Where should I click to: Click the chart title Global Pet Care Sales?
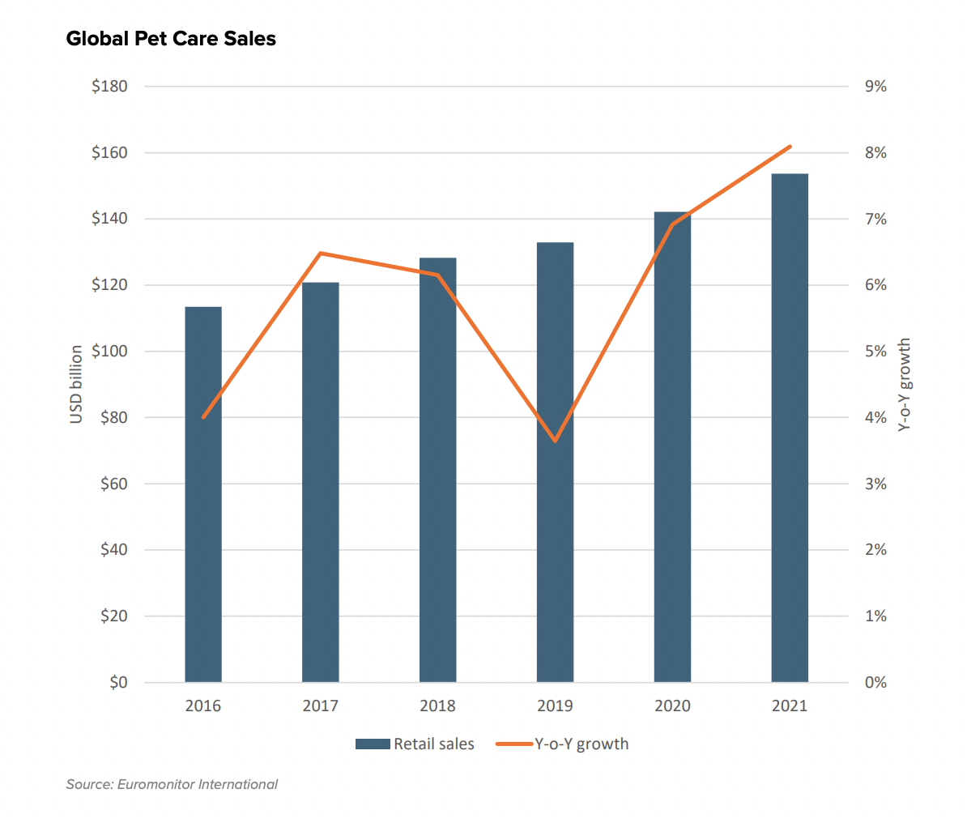pyautogui.click(x=171, y=39)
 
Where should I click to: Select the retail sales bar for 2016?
pyautogui.click(x=203, y=494)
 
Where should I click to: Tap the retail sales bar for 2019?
pyautogui.click(x=555, y=462)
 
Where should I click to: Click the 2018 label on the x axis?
pyautogui.click(x=437, y=706)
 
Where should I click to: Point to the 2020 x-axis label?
pyautogui.click(x=672, y=706)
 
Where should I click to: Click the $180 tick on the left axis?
pyautogui.click(x=109, y=87)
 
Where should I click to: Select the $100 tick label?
pyautogui.click(x=109, y=352)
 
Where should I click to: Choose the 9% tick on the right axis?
pyautogui.click(x=876, y=87)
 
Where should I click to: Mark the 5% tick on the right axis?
pyautogui.click(x=876, y=352)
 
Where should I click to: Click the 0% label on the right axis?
pyautogui.click(x=876, y=683)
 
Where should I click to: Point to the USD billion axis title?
pyautogui.click(x=77, y=384)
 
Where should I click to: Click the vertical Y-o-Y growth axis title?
pyautogui.click(x=905, y=384)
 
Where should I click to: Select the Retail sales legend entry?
pyautogui.click(x=415, y=744)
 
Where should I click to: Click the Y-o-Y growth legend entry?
pyautogui.click(x=563, y=744)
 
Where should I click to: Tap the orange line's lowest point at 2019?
pyautogui.click(x=555, y=441)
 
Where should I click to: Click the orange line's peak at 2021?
pyautogui.click(x=790, y=147)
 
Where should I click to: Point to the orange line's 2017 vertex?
pyautogui.click(x=321, y=254)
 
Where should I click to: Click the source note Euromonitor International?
pyautogui.click(x=172, y=784)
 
